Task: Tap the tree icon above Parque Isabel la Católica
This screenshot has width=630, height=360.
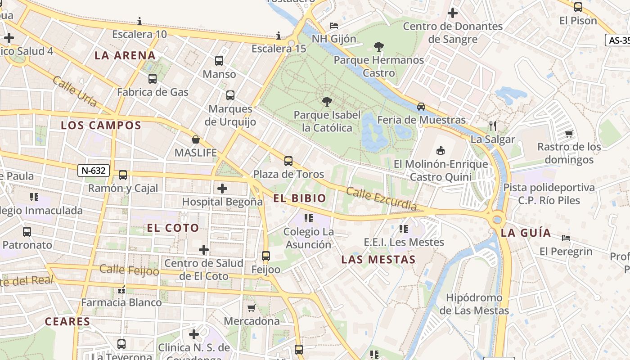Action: point(327,102)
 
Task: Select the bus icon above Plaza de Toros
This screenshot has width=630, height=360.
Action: point(288,161)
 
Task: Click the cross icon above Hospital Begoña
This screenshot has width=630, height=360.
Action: point(222,189)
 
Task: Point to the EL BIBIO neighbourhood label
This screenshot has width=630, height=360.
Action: point(300,198)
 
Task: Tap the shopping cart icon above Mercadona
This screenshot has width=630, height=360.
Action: point(252,308)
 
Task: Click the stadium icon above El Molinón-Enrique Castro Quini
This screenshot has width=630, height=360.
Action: point(441,150)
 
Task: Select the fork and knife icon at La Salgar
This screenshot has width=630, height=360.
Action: point(493,126)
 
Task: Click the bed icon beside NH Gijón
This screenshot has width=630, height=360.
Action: point(333,25)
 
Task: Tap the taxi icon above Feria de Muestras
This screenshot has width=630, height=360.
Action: point(421,107)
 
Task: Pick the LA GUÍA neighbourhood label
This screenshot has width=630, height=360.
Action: point(526,233)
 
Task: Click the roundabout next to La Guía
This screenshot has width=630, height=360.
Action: point(497,220)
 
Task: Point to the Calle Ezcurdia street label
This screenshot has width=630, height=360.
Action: point(381,199)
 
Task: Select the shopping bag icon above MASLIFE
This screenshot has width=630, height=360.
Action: point(196,139)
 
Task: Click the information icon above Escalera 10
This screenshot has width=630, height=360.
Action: point(139,21)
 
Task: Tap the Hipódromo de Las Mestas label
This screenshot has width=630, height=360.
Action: point(474,304)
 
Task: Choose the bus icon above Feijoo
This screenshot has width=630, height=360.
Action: point(266,256)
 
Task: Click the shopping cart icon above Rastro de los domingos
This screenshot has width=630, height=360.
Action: point(569,134)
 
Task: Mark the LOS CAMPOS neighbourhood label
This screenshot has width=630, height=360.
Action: point(101,126)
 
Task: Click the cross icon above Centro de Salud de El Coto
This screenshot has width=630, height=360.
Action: point(204,249)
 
